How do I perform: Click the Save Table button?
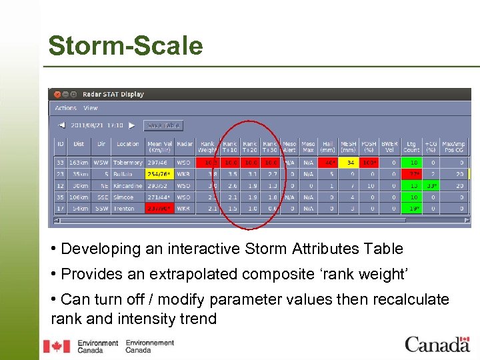163,125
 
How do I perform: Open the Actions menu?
66,108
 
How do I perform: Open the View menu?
91,108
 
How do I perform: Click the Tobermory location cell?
128,163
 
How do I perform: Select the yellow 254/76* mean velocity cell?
159,174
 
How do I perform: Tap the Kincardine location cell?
128,185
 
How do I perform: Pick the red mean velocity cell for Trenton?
159,209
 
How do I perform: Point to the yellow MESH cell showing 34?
349,163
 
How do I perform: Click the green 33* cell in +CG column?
431,185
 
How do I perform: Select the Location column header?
128,144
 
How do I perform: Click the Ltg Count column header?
412,147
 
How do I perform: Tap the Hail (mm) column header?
328,147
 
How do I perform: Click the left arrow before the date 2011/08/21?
61,125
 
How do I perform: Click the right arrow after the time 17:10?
132,125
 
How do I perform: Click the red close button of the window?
58,95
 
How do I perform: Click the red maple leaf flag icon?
57,347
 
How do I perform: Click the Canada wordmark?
437,345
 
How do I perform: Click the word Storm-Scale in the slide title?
125,46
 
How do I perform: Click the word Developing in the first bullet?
100,249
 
